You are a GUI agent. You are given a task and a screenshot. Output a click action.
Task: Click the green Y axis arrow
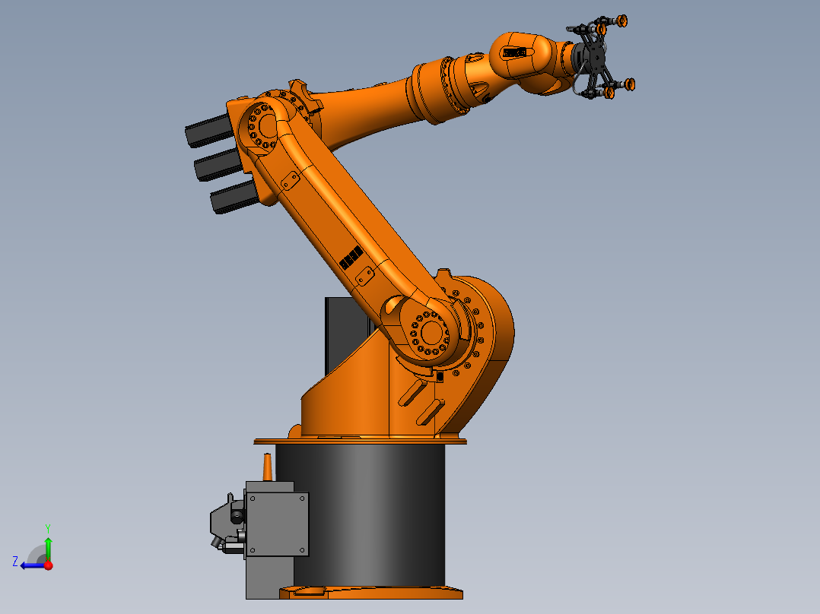coord(48,546)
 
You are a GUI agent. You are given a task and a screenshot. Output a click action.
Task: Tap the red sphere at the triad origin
coord(48,565)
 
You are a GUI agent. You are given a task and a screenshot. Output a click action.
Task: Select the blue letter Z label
coord(15,561)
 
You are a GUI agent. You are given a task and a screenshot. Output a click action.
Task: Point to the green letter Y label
coord(47,527)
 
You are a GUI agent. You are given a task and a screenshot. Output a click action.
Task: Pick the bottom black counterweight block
coord(232,198)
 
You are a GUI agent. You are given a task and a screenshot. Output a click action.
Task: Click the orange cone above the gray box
coord(267,467)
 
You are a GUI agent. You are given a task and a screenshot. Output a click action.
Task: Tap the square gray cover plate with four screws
coord(277,524)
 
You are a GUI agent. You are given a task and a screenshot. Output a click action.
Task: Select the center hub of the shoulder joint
coord(431,332)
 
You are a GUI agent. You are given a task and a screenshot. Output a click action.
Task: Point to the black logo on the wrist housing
coord(513,52)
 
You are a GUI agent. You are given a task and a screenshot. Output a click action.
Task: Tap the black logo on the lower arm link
coord(351,258)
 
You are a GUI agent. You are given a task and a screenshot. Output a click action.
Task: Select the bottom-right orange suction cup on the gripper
coord(629,84)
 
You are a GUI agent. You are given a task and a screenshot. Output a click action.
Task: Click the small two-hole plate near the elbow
coord(290,180)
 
